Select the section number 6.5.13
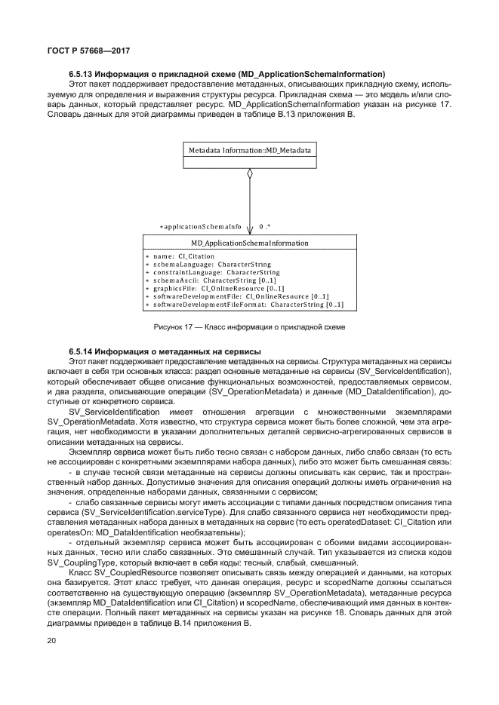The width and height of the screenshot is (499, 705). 82,74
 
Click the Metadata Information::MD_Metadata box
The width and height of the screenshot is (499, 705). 249,150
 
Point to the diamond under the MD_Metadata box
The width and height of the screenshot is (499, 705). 249,173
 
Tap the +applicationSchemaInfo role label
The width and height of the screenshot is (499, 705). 201,226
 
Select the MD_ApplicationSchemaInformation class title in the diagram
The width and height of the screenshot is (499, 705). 248,244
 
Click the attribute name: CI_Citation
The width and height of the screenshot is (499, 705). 174,256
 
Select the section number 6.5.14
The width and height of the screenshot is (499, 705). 82,352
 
